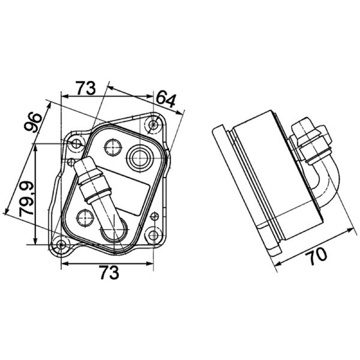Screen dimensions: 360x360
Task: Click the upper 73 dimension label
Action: click(85, 88)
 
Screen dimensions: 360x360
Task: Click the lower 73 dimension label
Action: click(109, 272)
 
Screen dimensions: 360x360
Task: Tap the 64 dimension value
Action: click(166, 100)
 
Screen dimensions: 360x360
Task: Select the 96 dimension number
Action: click(33, 122)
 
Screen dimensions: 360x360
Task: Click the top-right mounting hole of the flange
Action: click(153, 125)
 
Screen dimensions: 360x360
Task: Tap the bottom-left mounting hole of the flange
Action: click(61, 245)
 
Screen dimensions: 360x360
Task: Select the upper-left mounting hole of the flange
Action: click(76, 144)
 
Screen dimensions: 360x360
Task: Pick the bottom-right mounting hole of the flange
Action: click(153, 235)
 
